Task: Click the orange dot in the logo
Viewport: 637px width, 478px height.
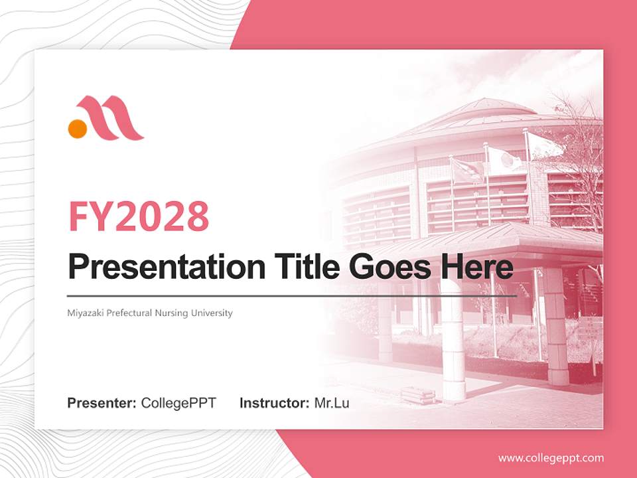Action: pos(78,128)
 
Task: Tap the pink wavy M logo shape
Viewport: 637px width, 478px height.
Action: pos(111,118)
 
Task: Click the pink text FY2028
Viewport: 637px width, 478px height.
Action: pos(139,216)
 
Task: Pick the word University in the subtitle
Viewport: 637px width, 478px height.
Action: pos(212,313)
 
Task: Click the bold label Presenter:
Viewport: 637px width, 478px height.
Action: pos(102,403)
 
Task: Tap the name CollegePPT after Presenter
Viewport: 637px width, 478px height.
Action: pos(178,403)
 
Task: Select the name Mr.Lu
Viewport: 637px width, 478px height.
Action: pos(331,403)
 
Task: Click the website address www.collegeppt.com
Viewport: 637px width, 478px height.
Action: pos(551,458)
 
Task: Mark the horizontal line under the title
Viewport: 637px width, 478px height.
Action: pos(292,295)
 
